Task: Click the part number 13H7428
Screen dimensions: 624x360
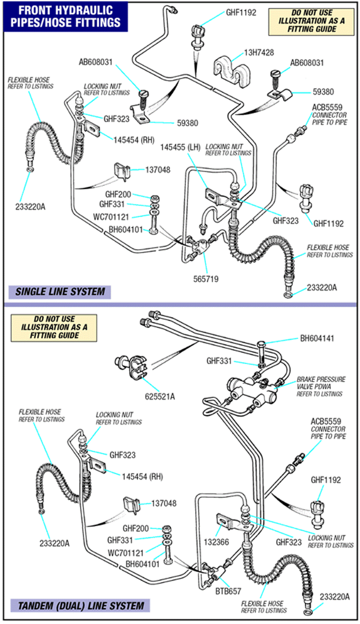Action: pos(259,52)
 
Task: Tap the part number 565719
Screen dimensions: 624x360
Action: pos(206,279)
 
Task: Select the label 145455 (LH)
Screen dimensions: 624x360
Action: pos(180,147)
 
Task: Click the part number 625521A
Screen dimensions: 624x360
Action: pos(160,397)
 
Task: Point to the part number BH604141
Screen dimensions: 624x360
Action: pos(317,338)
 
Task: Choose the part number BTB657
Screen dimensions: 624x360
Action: pos(228,591)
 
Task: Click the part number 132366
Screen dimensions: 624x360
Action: pos(216,542)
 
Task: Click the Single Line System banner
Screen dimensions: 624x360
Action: pos(60,292)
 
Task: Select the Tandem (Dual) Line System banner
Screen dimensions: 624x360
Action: pos(81,606)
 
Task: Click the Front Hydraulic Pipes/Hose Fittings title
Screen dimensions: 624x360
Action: pos(66,17)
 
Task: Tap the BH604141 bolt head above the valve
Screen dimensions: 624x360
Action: pos(261,344)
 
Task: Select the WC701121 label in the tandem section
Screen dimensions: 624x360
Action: pos(126,553)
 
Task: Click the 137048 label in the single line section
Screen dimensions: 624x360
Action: pos(158,170)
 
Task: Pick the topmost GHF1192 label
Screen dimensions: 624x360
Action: pos(241,13)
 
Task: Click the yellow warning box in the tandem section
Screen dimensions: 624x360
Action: pos(54,328)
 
